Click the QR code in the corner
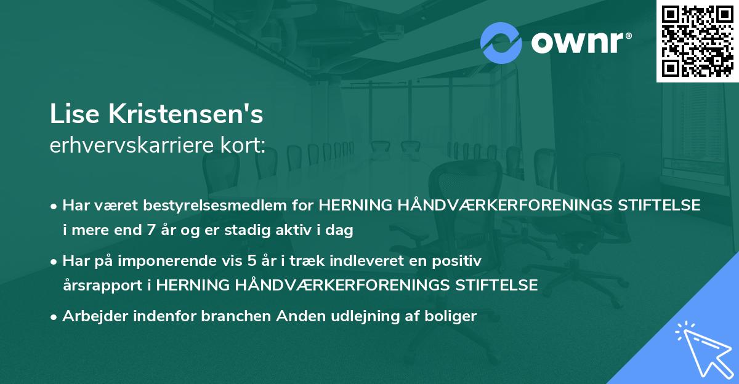[697, 41]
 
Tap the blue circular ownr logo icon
[501, 43]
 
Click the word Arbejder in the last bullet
[91, 317]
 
